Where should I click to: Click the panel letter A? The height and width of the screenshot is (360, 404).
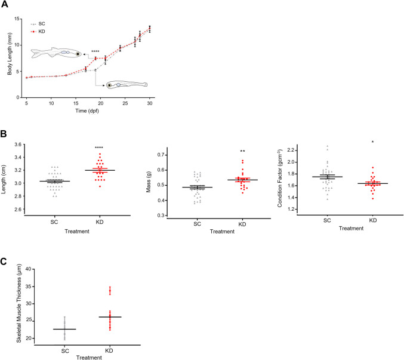[x=5, y=5]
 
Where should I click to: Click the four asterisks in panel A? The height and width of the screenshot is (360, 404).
[x=95, y=52]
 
